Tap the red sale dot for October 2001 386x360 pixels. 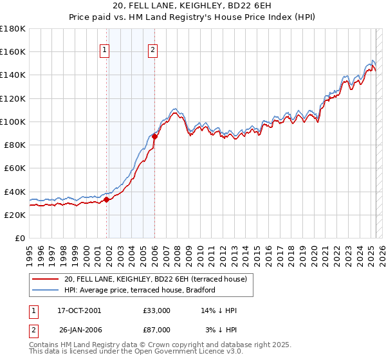(x=106, y=199)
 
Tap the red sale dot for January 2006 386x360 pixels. (x=154, y=136)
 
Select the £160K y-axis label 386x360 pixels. (x=13, y=51)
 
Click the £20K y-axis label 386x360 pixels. (x=15, y=215)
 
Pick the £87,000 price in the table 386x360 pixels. (x=156, y=330)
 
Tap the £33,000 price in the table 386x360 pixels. (x=156, y=310)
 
